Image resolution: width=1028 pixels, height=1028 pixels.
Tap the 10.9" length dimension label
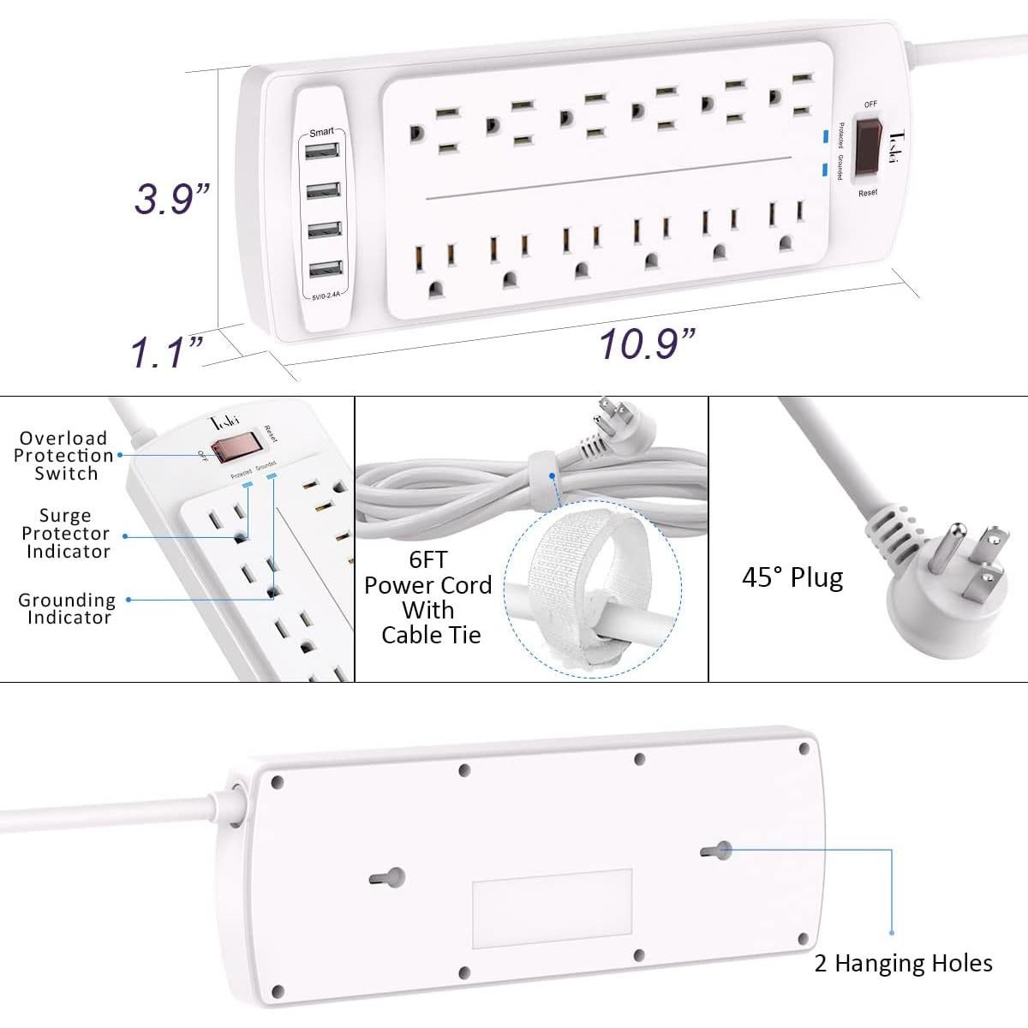(646, 344)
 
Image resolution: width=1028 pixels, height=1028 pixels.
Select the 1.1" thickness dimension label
(167, 352)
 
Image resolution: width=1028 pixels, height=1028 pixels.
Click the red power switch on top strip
(870, 144)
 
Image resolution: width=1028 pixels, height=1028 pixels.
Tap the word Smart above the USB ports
(321, 132)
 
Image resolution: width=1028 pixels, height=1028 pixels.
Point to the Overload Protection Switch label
(64, 456)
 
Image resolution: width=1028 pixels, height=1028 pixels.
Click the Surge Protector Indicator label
(66, 534)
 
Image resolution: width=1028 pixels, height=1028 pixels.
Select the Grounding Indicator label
(67, 608)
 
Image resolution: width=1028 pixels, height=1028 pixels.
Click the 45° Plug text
(792, 577)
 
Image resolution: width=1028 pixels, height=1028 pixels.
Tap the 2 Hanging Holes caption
(903, 963)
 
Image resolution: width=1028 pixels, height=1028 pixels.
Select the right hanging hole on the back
(714, 851)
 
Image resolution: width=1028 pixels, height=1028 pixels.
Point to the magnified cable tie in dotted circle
(591, 591)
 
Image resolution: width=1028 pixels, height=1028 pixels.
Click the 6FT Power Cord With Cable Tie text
(428, 597)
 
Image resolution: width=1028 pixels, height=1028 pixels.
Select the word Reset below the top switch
(868, 193)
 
